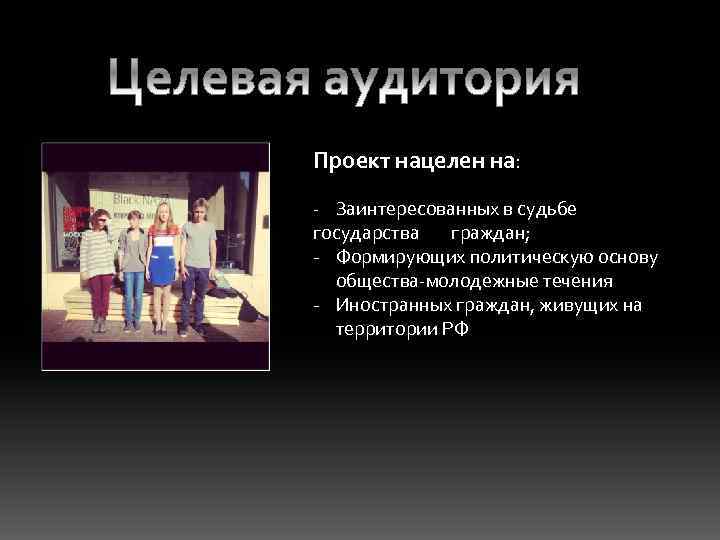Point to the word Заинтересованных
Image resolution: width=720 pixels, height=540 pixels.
click(x=418, y=210)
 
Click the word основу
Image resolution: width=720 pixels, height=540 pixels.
click(x=631, y=258)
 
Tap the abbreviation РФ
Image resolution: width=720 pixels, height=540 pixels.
click(x=455, y=330)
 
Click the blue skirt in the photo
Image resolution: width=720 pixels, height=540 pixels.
click(x=162, y=267)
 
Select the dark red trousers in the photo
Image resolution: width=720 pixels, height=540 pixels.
click(x=100, y=295)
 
